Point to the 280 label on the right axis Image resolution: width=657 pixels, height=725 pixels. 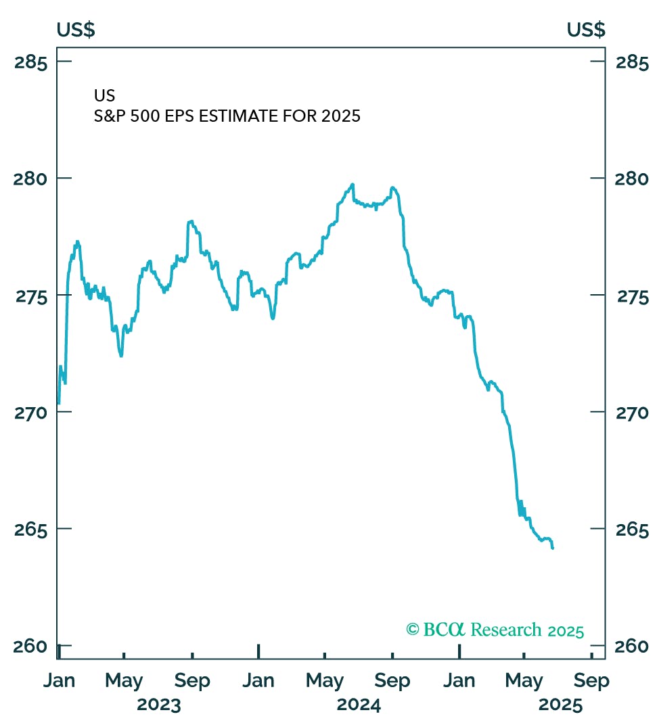click(x=633, y=179)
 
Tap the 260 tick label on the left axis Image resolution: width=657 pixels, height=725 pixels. click(x=31, y=647)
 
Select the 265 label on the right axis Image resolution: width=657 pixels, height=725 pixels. click(x=633, y=530)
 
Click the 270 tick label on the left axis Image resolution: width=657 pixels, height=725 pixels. click(x=31, y=413)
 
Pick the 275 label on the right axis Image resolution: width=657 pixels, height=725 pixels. click(x=633, y=296)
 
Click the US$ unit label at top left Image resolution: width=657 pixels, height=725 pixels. click(x=75, y=30)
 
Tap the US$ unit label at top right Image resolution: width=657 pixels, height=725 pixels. click(x=586, y=30)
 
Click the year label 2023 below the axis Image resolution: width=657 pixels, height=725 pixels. click(x=159, y=705)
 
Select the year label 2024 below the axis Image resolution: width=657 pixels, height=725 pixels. click(x=359, y=705)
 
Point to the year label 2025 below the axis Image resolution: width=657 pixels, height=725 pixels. click(x=560, y=705)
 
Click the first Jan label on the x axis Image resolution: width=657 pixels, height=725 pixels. click(x=59, y=680)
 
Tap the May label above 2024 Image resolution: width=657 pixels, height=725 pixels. click(x=325, y=680)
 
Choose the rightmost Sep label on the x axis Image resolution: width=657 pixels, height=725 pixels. click(x=591, y=680)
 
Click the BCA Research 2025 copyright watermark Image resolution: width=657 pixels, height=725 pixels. click(x=495, y=630)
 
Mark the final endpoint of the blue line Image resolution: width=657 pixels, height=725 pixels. click(x=553, y=548)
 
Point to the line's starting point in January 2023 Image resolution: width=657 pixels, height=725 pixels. click(x=59, y=404)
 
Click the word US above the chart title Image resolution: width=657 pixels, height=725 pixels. click(x=104, y=96)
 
